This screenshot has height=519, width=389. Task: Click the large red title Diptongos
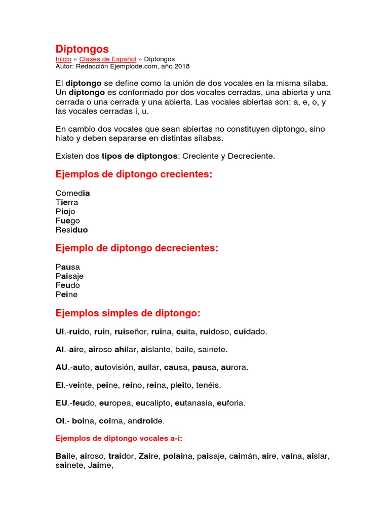[x=82, y=49]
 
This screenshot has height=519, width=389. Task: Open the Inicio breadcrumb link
[x=63, y=59]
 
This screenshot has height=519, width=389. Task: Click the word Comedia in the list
[x=72, y=193]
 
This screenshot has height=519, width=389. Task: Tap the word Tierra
[x=67, y=202]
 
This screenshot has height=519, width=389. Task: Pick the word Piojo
[x=65, y=211]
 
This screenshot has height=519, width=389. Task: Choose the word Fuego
[x=68, y=220]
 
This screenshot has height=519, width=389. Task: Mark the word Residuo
[x=71, y=230]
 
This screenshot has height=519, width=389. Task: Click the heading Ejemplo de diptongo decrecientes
[x=137, y=248]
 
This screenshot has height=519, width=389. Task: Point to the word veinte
[x=87, y=385]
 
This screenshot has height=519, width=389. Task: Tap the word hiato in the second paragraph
[x=65, y=138]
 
